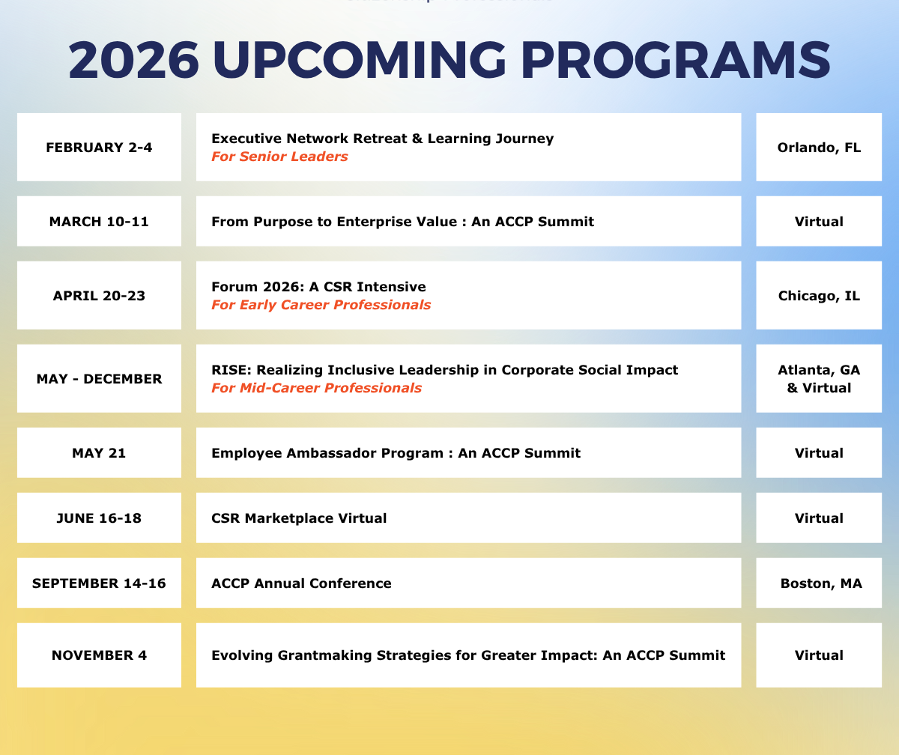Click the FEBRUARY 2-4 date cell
99,148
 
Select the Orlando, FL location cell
819,148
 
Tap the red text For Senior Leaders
279,157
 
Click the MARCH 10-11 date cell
99,221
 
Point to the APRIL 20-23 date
99,296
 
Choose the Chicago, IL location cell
819,295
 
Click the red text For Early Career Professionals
321,305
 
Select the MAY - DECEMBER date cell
99,378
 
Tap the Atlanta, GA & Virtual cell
819,378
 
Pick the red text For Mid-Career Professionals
316,388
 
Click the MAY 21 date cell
99,452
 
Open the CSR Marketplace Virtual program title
299,518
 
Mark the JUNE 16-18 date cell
99,518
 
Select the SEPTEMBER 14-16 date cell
99,583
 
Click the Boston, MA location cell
819,583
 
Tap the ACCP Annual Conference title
301,583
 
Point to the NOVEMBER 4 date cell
99,655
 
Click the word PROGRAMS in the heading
676,60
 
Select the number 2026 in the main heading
133,60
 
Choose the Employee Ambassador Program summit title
396,453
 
